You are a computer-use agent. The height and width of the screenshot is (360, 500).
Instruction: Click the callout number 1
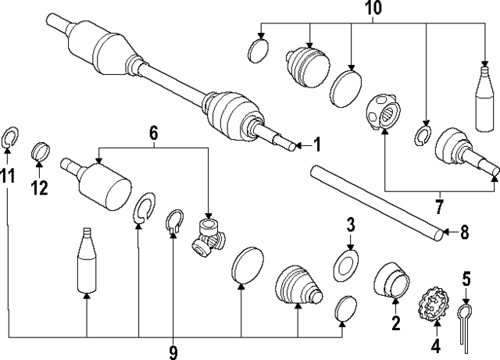coord(316,144)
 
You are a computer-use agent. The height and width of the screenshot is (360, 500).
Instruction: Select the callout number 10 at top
coord(372,11)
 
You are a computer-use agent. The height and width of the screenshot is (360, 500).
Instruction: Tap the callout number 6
coord(154,134)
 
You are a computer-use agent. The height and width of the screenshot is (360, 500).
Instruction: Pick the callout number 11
coord(9,176)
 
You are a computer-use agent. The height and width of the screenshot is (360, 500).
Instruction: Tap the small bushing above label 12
coord(41,150)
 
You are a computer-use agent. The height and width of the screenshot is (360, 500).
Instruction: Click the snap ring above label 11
coord(9,138)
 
